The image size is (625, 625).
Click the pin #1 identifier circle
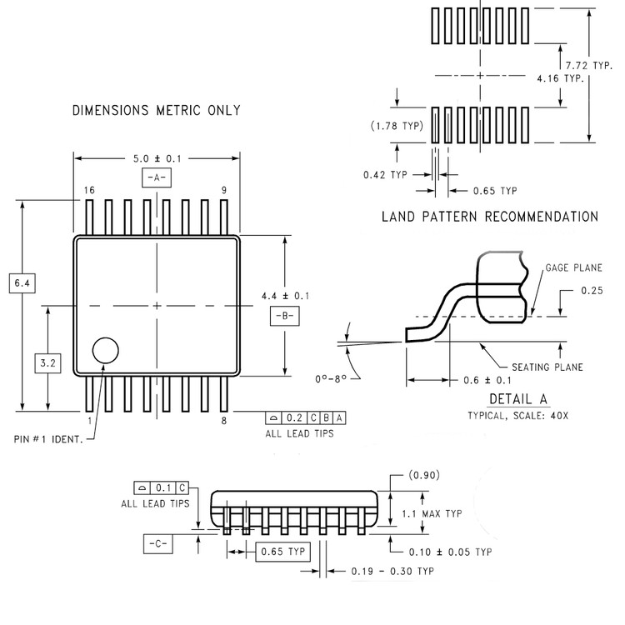(x=105, y=338)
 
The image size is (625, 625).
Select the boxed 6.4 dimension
(x=22, y=283)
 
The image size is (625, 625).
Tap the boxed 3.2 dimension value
(x=47, y=363)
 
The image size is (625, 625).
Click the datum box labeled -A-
(x=157, y=177)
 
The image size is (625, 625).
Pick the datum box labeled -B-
(x=285, y=316)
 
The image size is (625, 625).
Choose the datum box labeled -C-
(x=158, y=543)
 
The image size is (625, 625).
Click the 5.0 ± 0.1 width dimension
(x=157, y=158)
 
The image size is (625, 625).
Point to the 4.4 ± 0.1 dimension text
(x=285, y=296)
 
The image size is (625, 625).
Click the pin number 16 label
(x=89, y=190)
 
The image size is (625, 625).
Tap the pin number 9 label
(x=224, y=190)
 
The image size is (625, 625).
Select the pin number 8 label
(x=224, y=421)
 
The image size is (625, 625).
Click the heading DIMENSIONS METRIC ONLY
(x=157, y=110)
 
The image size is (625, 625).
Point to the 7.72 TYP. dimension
(x=589, y=65)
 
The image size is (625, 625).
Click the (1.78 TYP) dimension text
(x=397, y=126)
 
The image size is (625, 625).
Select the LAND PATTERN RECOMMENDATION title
(x=490, y=217)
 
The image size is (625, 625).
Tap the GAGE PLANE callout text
(x=573, y=267)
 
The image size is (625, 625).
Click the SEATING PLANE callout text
(x=547, y=367)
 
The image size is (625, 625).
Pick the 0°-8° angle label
(x=331, y=378)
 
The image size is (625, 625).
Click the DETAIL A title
(x=518, y=399)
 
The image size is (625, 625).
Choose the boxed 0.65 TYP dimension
(x=282, y=552)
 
